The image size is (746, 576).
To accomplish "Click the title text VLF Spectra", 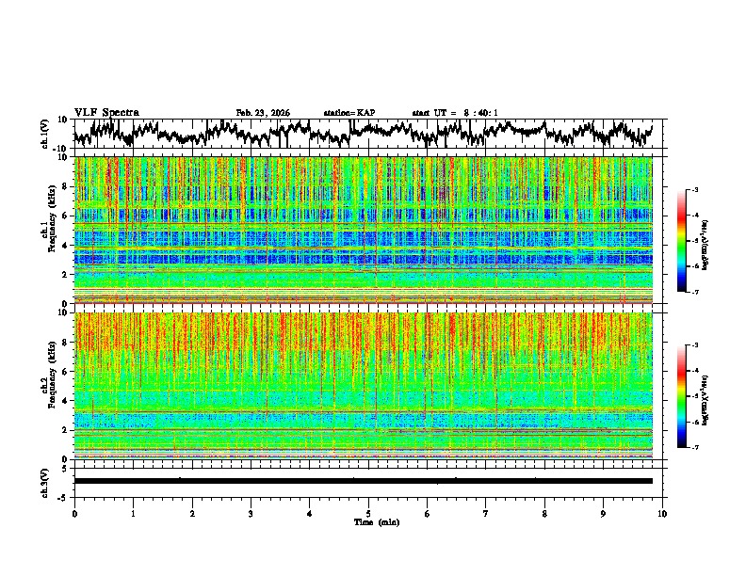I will [x=106, y=112].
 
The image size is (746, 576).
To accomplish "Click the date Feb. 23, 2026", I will [x=263, y=113].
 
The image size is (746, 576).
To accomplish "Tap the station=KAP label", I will [x=349, y=113].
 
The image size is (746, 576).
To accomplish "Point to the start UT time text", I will [x=455, y=113].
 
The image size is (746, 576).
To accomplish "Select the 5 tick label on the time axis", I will [x=369, y=514].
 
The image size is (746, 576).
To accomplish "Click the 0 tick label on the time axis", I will [x=74, y=514].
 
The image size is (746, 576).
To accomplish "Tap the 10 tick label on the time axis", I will [x=663, y=514].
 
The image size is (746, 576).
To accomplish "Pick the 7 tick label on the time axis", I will [x=487, y=514].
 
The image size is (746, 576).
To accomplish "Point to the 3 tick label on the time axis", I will [x=251, y=514].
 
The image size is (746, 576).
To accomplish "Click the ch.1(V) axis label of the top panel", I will [x=44, y=134].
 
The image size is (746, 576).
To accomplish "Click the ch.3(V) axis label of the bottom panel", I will [x=44, y=480].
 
